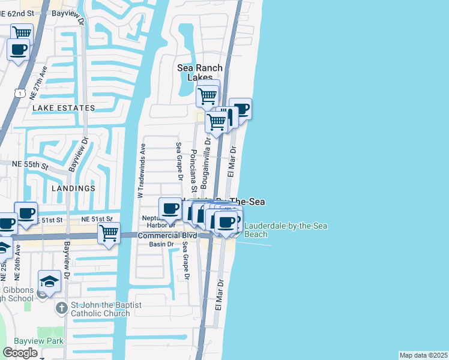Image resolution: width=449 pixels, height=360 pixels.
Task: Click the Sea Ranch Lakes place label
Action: click(200, 73)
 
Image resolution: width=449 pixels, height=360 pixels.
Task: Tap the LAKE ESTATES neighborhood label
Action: click(64, 108)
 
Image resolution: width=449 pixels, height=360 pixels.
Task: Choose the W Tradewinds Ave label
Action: click(142, 171)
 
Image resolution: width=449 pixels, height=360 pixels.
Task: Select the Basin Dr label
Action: click(162, 244)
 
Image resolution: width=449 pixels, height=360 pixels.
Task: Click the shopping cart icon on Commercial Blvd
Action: click(109, 233)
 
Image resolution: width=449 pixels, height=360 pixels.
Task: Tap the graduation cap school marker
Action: click(49, 281)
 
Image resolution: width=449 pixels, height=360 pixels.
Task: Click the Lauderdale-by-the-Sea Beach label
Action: click(256, 230)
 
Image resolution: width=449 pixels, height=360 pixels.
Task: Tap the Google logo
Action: click(20, 352)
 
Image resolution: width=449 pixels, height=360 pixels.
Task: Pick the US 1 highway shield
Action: click(20, 93)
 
